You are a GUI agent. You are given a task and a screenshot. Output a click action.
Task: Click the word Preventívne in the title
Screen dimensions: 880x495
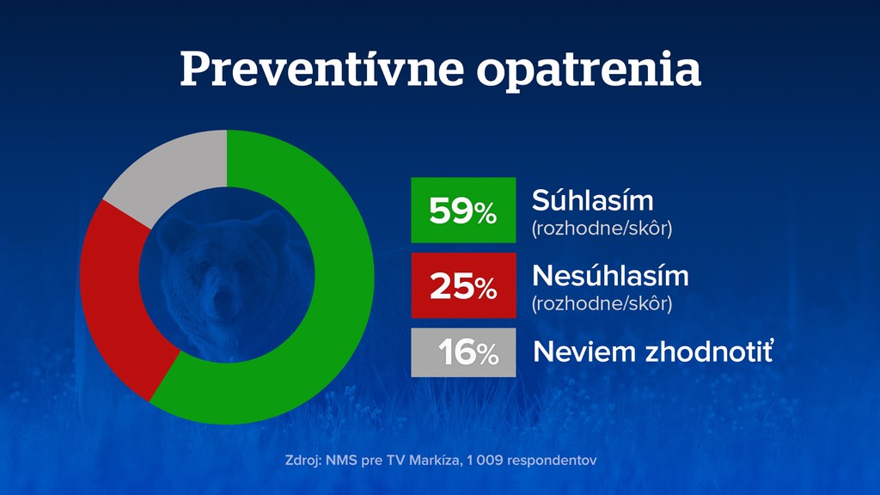(321, 68)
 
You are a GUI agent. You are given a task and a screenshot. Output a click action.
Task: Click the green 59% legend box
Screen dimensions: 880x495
(463, 210)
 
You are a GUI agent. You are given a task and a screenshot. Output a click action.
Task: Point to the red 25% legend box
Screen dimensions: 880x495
(463, 285)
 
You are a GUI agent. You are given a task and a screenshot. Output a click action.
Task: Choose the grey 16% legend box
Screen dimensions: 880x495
(463, 351)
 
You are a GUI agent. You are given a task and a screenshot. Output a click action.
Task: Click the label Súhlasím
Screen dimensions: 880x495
(592, 200)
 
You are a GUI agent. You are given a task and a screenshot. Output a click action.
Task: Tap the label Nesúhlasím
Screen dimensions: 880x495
(610, 276)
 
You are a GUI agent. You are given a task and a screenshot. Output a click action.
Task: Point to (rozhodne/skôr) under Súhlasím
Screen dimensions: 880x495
(602, 229)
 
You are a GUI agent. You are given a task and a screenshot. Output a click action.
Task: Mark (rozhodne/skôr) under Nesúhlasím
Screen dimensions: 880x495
(602, 303)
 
